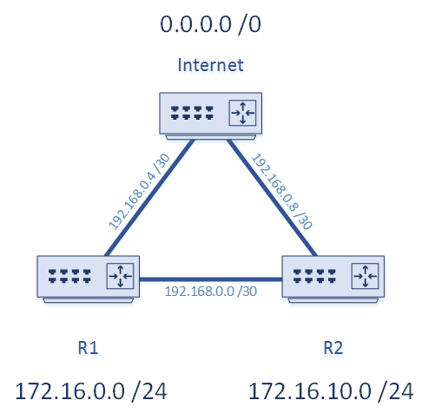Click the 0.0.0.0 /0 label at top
[210, 23]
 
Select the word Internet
[210, 65]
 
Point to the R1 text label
[87, 348]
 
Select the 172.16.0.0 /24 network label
[90, 391]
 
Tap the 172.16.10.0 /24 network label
[331, 391]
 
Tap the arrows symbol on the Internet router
[240, 113]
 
